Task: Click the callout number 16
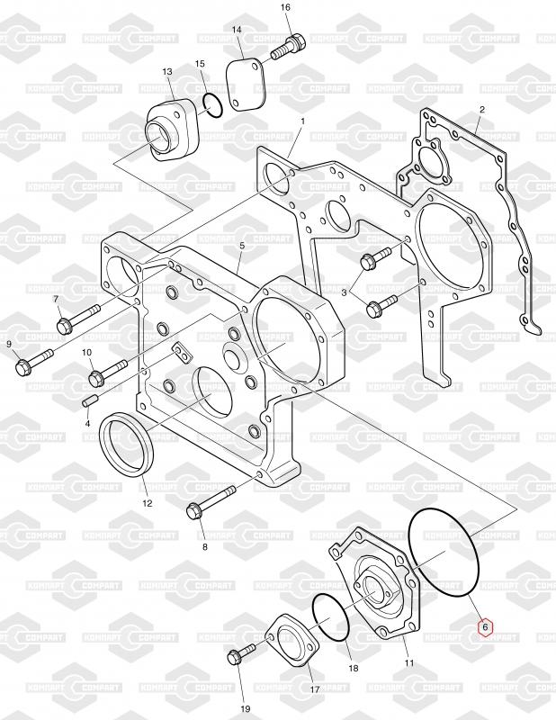286,8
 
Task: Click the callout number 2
481,110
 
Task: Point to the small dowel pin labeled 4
90,400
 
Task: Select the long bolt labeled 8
212,502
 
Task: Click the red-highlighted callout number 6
485,626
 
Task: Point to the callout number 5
242,246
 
